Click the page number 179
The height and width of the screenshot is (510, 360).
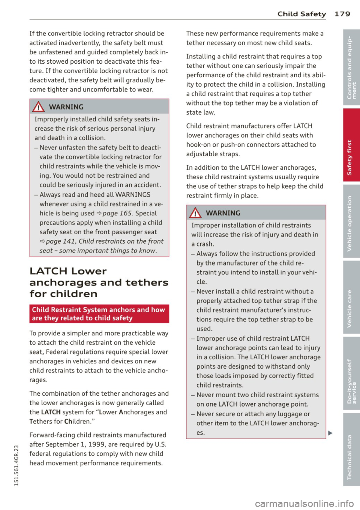[342, 14]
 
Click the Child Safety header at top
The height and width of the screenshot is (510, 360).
[301, 14]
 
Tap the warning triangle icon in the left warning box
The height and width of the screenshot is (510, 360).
[39, 107]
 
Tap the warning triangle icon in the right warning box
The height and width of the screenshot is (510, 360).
[196, 213]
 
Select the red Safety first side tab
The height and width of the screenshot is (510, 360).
[351, 145]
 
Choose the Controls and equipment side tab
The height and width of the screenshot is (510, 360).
[351, 67]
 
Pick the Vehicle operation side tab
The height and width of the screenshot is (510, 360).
[351, 222]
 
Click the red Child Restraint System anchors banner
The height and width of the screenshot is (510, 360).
[99, 314]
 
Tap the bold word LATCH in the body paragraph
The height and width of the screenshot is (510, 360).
[51, 412]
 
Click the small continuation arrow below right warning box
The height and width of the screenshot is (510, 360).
[330, 433]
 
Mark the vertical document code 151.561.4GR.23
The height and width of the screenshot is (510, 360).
[16, 465]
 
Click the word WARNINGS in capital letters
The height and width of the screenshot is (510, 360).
[133, 194]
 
